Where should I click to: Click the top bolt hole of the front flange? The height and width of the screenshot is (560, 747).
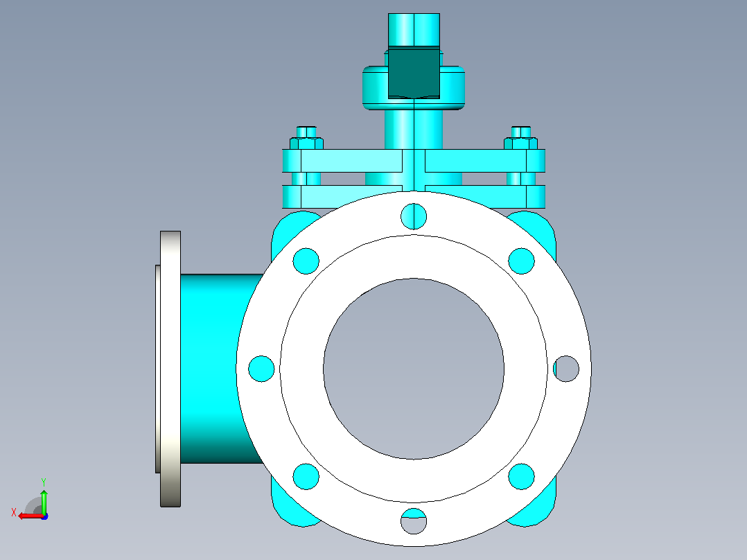[414, 216]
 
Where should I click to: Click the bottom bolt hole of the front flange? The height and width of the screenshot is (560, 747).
[414, 521]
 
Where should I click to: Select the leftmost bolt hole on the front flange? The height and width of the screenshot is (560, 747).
[261, 369]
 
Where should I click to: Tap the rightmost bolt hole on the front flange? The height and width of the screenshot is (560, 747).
[566, 369]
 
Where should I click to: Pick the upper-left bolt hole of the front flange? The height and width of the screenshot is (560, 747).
[306, 261]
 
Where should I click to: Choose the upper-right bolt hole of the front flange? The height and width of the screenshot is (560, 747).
[521, 261]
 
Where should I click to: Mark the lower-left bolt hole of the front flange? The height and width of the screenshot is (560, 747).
[306, 476]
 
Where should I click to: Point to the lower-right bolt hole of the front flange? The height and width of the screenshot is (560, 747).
[521, 476]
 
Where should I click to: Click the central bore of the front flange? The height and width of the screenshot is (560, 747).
[414, 369]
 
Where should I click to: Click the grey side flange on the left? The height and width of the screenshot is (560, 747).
[170, 369]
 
